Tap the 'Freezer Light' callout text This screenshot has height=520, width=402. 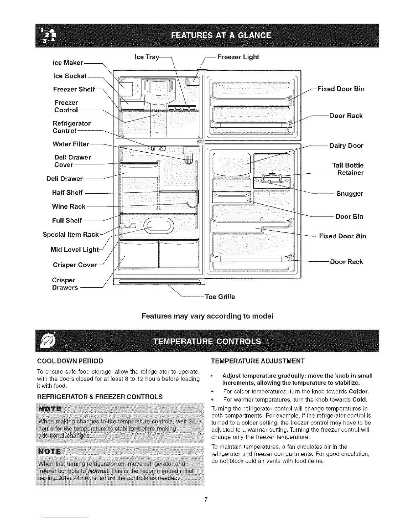[238, 57]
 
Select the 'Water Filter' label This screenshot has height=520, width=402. [71, 144]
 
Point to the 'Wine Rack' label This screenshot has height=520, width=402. [69, 206]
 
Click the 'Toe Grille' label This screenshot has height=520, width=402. [220, 297]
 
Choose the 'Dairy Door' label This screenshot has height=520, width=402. [346, 146]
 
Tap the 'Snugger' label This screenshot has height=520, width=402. [350, 194]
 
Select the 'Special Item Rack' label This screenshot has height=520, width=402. [71, 234]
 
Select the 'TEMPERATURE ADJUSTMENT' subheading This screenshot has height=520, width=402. [258, 361]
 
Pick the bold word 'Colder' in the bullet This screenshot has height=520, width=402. [359, 392]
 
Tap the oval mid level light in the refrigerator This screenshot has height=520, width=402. [158, 226]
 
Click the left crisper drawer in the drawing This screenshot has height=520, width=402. [139, 254]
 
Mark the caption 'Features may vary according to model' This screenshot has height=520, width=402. [207, 316]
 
